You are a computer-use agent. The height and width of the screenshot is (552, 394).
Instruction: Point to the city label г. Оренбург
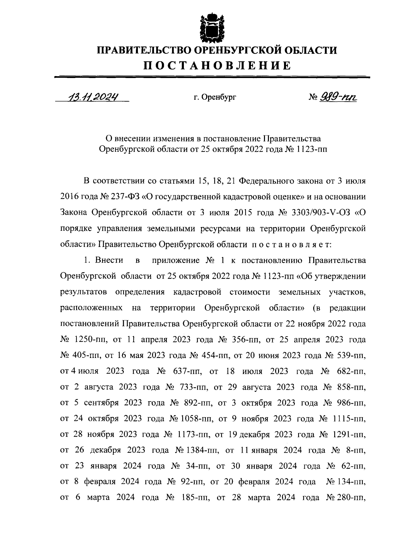click(215, 97)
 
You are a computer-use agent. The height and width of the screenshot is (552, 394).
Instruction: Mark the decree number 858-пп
click(351, 387)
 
